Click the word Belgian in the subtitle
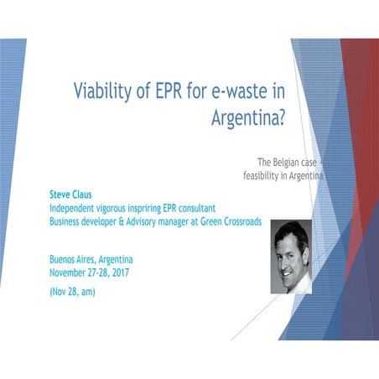(x=293, y=160)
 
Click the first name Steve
(x=61, y=191)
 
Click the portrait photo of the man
(x=291, y=256)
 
